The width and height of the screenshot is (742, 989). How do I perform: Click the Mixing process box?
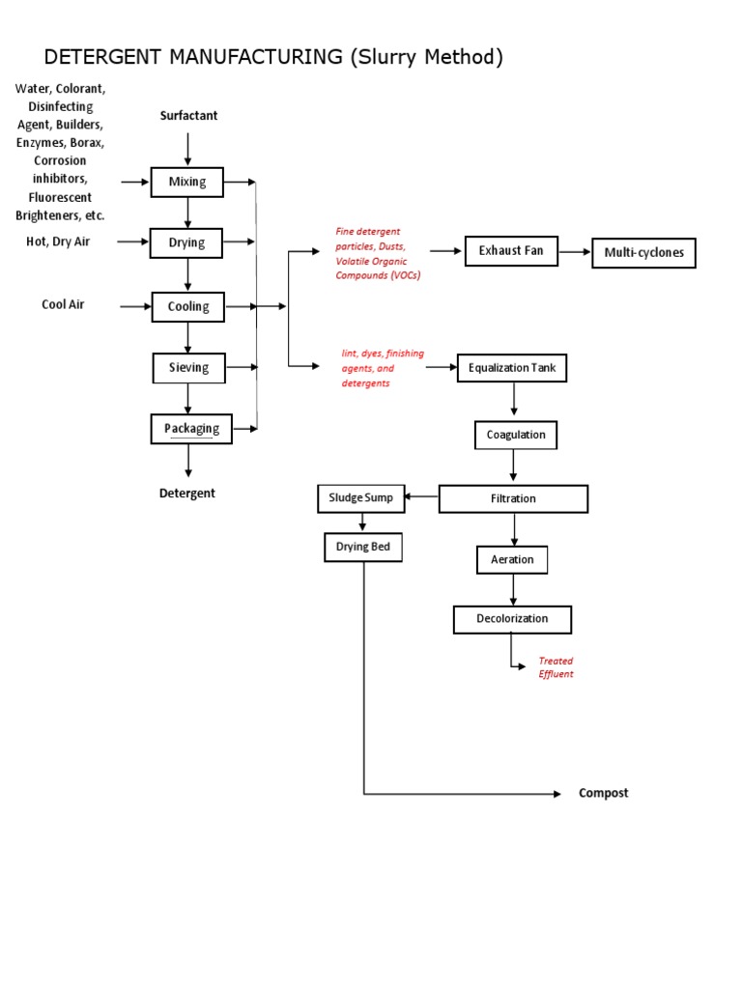pyautogui.click(x=187, y=182)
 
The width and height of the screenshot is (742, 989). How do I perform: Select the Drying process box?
pyautogui.click(x=187, y=243)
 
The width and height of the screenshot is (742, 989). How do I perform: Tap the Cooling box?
pyautogui.click(x=187, y=307)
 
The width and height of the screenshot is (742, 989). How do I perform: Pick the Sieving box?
pyautogui.click(x=188, y=368)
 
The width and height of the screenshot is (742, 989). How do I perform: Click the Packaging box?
pyautogui.click(x=191, y=429)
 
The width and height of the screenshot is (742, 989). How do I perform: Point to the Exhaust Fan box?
pyautogui.click(x=510, y=251)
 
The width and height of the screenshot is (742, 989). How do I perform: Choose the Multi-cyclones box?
pyautogui.click(x=643, y=253)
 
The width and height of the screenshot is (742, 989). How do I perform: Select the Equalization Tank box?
pyautogui.click(x=512, y=368)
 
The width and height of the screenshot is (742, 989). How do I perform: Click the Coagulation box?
pyautogui.click(x=516, y=436)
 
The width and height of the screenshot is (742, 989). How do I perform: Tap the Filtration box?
pyautogui.click(x=513, y=499)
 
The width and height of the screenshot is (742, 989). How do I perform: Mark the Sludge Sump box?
pyautogui.click(x=361, y=498)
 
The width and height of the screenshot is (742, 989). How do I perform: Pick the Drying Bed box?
pyautogui.click(x=362, y=549)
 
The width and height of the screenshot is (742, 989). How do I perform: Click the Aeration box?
pyautogui.click(x=512, y=560)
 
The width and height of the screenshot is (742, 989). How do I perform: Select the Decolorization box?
pyautogui.click(x=512, y=619)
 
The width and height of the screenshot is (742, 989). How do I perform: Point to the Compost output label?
pyautogui.click(x=603, y=794)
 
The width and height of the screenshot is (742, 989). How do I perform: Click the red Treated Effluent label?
pyautogui.click(x=556, y=667)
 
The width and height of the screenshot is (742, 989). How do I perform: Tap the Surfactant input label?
pyautogui.click(x=188, y=116)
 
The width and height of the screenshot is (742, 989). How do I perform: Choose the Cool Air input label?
pyautogui.click(x=63, y=304)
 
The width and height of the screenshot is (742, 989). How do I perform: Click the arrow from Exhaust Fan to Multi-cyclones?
pyautogui.click(x=574, y=251)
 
